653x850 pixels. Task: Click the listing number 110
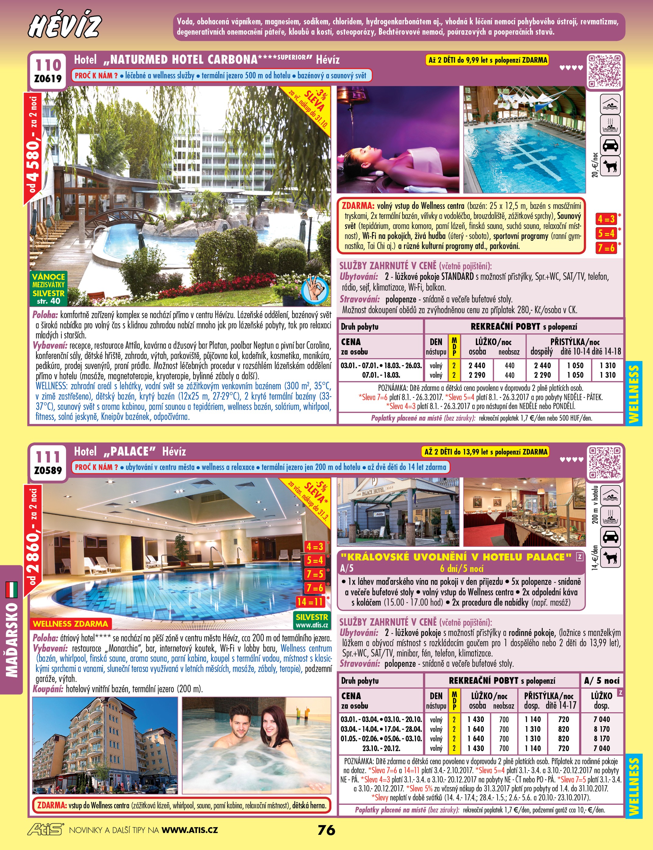[x=48, y=64]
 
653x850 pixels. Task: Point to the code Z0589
[x=48, y=470]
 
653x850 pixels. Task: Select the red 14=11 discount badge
[x=310, y=602]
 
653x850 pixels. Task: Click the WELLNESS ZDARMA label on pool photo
[x=70, y=623]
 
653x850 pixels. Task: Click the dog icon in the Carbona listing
[x=610, y=166]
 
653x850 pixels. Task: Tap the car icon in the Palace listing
[x=610, y=537]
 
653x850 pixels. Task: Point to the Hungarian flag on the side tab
[x=12, y=589]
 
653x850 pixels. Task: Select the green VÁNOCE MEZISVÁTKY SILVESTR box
[x=49, y=289]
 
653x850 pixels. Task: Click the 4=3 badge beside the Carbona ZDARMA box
[x=606, y=219]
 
